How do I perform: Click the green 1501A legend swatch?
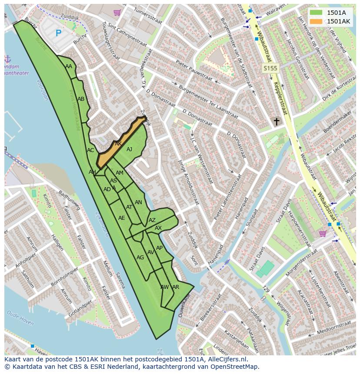[x=317, y=13]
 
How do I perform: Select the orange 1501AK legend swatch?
[x=317, y=21]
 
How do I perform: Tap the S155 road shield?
[x=270, y=68]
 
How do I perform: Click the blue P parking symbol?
[x=58, y=33]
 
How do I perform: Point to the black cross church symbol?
[x=276, y=122]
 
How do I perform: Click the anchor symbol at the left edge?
[x=7, y=59]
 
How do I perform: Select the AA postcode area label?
[x=69, y=66]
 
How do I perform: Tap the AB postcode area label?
[x=81, y=99]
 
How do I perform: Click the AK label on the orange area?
[x=118, y=144]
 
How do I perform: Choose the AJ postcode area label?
[x=129, y=149]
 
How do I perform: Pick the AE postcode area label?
[x=122, y=218]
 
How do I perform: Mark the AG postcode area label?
[x=140, y=258]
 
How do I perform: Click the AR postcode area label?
[x=176, y=287]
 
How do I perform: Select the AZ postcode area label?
[x=152, y=220]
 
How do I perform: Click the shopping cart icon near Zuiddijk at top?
[x=117, y=13]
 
